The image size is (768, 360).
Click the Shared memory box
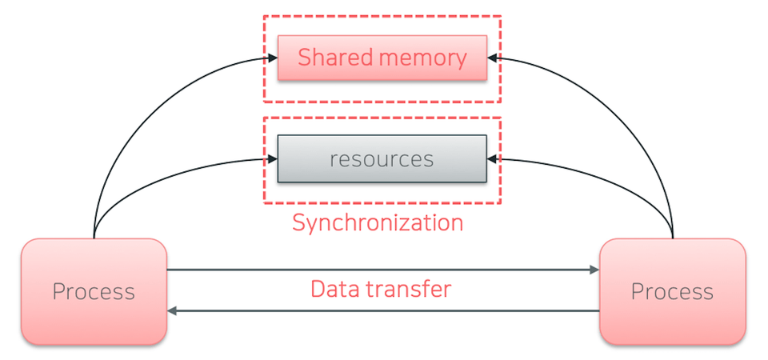point(382,58)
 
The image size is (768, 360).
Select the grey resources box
point(382,158)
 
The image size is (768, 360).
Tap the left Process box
point(94,292)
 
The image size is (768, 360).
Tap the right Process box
point(673,292)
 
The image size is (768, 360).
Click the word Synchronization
point(378,223)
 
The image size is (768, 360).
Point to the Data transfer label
point(381,289)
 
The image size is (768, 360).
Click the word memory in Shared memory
point(422,58)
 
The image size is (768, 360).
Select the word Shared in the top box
point(335,58)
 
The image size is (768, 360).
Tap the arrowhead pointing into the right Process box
point(594,270)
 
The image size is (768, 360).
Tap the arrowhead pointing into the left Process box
point(172,310)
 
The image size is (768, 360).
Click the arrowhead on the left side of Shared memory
point(273,58)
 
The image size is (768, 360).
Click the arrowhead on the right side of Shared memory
point(492,58)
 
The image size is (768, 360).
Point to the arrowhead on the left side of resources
point(273,159)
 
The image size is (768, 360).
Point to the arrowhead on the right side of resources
point(492,159)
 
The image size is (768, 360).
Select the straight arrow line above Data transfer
point(383,270)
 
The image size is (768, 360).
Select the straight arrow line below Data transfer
point(383,310)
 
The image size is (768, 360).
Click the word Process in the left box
point(94,292)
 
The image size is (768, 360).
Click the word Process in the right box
point(672,292)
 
